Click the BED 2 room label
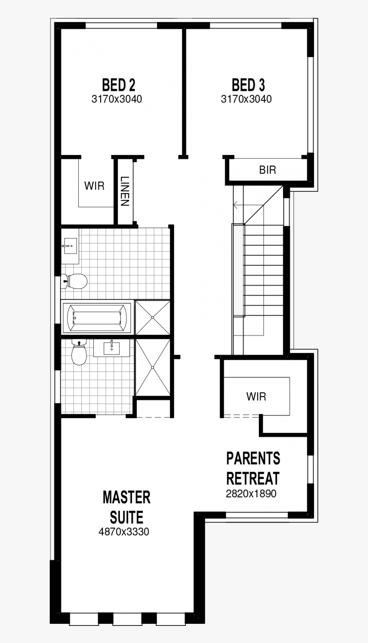[x=119, y=85]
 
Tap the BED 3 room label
[x=248, y=85]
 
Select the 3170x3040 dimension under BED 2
[x=116, y=100]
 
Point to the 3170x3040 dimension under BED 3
[x=246, y=99]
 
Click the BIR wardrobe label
[x=268, y=170]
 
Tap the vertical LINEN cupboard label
[x=125, y=191]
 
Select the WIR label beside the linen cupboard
[x=94, y=186]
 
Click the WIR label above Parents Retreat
[x=256, y=396]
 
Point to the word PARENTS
[x=253, y=458]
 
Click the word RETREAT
[x=253, y=478]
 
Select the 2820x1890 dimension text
[x=251, y=494]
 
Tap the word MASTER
[x=126, y=497]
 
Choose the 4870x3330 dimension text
[x=124, y=532]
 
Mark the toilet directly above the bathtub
[x=75, y=281]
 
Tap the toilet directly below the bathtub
[x=79, y=353]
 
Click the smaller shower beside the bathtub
[x=152, y=317]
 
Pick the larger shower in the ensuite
[x=152, y=367]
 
